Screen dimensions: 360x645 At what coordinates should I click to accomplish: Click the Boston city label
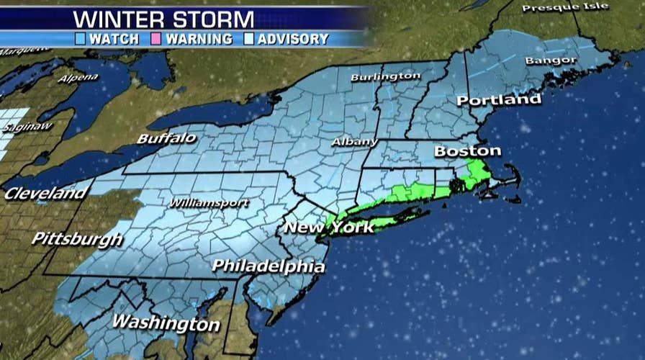point(467,151)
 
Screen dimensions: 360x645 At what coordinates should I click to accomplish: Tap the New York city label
point(329,228)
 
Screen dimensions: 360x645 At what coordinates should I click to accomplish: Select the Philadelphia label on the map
point(268,266)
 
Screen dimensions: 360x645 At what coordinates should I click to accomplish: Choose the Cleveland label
point(45,193)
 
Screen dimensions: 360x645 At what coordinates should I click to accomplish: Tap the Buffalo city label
point(167,138)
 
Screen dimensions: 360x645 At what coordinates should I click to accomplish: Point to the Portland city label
point(498,99)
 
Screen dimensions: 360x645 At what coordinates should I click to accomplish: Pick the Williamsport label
point(209,203)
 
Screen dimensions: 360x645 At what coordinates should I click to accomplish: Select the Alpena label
point(78,77)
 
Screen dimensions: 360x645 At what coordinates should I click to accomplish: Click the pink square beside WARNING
point(155,39)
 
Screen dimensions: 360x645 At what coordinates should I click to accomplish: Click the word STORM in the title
point(214,17)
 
